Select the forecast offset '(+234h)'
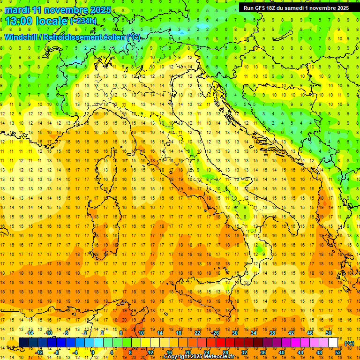pyautogui.click(x=83, y=21)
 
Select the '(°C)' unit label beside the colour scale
pyautogui.click(x=349, y=343)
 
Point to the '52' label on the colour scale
pyautogui.click(x=338, y=352)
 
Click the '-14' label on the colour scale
pyautogui.click(x=30, y=332)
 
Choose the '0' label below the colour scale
pyautogui.click(x=93, y=352)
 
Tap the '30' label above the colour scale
pyautogui.click(x=234, y=332)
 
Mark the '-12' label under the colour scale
pyautogui.click(x=39, y=352)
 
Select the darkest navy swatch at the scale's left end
pyautogui.click(x=23, y=343)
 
